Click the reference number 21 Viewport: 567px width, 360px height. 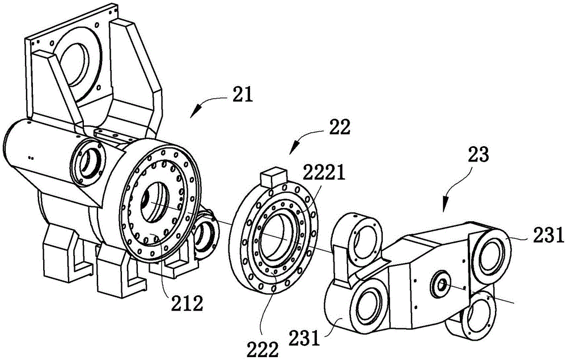tap(243, 95)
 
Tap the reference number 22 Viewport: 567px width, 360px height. tap(339, 127)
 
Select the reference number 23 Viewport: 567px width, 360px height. tap(478, 154)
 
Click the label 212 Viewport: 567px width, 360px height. tap(187, 304)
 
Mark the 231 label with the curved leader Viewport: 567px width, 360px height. tap(304, 338)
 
